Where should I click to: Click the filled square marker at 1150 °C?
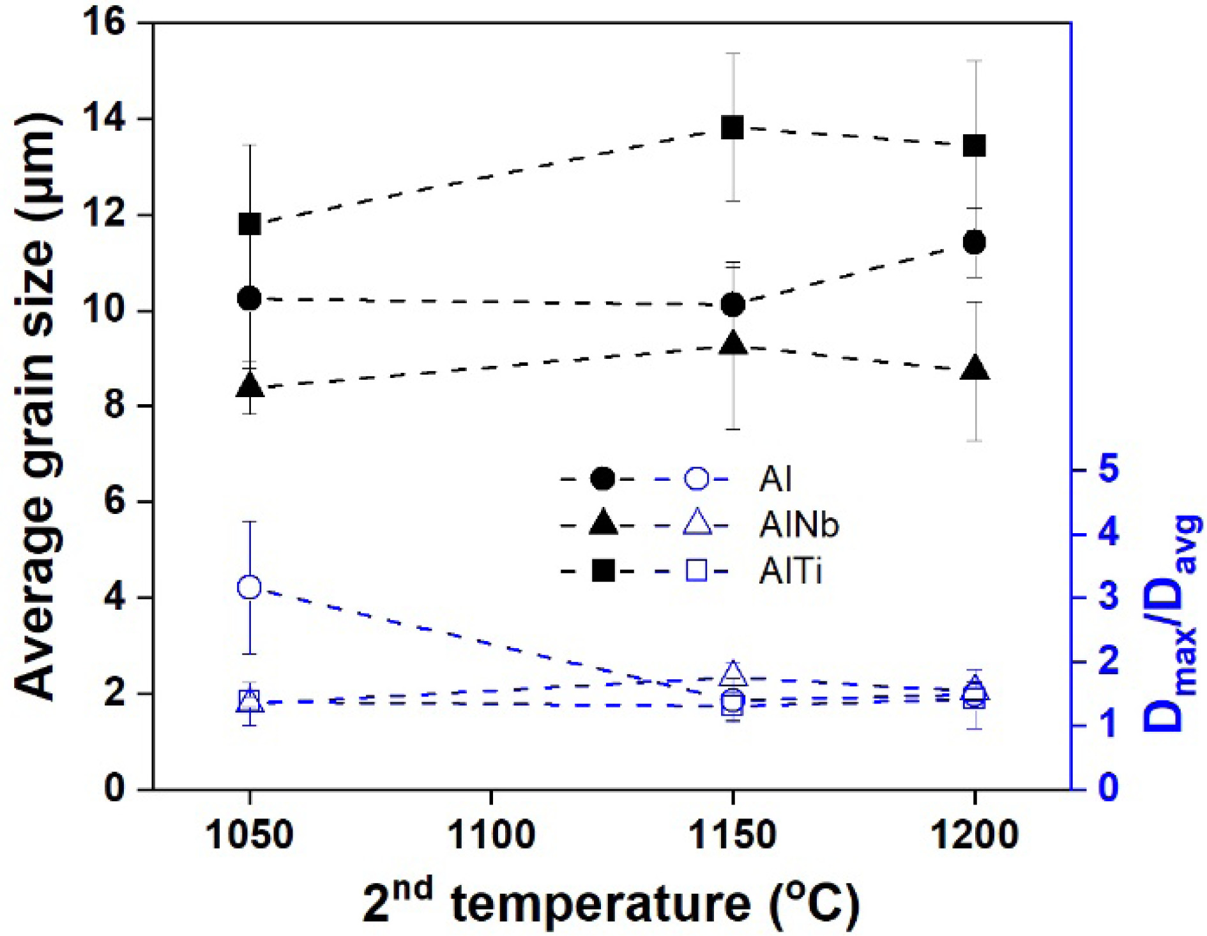tap(733, 128)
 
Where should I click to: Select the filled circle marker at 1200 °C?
tap(975, 243)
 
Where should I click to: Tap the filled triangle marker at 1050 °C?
tap(250, 385)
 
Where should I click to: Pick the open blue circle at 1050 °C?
tap(250, 587)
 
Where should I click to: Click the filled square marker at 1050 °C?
tap(250, 224)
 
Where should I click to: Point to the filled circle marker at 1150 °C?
tap(733, 305)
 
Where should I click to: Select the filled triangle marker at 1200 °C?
tap(975, 369)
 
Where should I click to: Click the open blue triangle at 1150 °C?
tap(733, 673)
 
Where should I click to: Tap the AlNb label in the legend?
tap(799, 525)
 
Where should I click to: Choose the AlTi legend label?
tap(790, 571)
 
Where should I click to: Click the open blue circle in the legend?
tap(697, 478)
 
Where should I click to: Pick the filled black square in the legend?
tap(603, 571)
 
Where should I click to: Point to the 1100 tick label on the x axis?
tap(491, 835)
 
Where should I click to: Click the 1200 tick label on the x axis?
tap(975, 835)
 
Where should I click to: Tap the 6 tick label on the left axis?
tap(115, 502)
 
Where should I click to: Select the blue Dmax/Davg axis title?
tap(1171, 623)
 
